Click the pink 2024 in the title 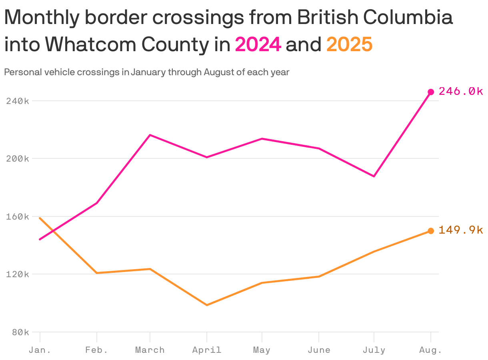pos(258,44)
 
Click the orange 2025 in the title pos(349,44)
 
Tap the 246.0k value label pos(461,92)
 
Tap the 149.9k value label pos(461,230)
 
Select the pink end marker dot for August pos(431,92)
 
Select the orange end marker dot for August pos(431,231)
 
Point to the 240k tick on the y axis pos(18,101)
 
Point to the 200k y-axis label pos(18,159)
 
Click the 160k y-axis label pos(18,216)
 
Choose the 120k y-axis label pos(18,274)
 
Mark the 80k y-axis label pos(20,332)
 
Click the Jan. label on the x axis pos(40,350)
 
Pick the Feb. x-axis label pos(97,350)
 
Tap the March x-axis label pos(150,350)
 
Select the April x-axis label pos(207,350)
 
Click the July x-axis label pos(374,350)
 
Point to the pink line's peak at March pos(150,135)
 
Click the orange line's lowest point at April pos(207,305)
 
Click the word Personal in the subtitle pos(20,72)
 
